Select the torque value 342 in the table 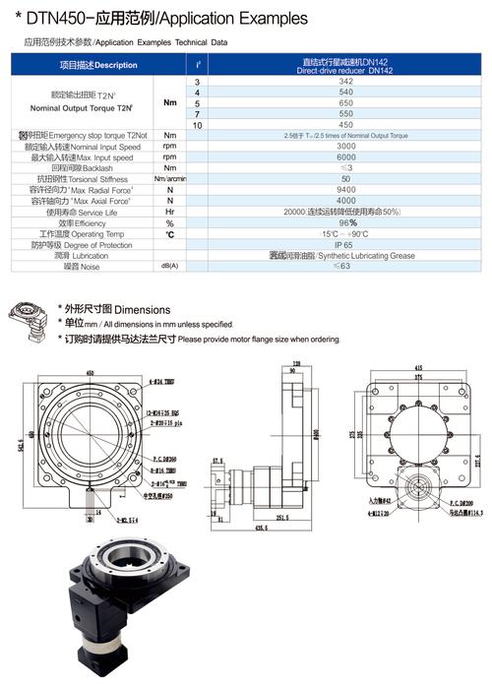click(344, 81)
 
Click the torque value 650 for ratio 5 click(344, 102)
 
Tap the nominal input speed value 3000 click(344, 146)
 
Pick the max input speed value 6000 click(344, 156)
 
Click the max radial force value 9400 click(344, 189)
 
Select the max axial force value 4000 click(344, 200)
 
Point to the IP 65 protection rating click(344, 243)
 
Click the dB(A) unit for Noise click(170, 266)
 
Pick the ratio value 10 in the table click(198, 124)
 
